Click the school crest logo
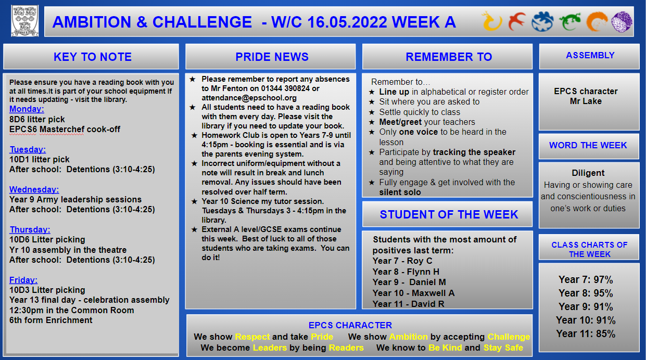[25, 21]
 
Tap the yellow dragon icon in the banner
[492, 21]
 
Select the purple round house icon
[622, 21]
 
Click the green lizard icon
[570, 21]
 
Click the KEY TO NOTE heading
[93, 57]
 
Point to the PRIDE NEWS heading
[272, 57]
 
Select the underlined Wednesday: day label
[34, 189]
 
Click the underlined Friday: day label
[23, 280]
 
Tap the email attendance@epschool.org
[249, 98]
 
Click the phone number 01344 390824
[285, 88]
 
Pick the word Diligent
[588, 173]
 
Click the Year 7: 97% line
[586, 279]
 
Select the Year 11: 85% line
[586, 334]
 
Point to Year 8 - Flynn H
[406, 272]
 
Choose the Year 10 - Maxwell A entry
[413, 293]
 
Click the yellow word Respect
[252, 337]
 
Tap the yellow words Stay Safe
[503, 348]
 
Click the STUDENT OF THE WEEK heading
[449, 214]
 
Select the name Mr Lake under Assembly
[586, 101]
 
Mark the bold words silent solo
[400, 192]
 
